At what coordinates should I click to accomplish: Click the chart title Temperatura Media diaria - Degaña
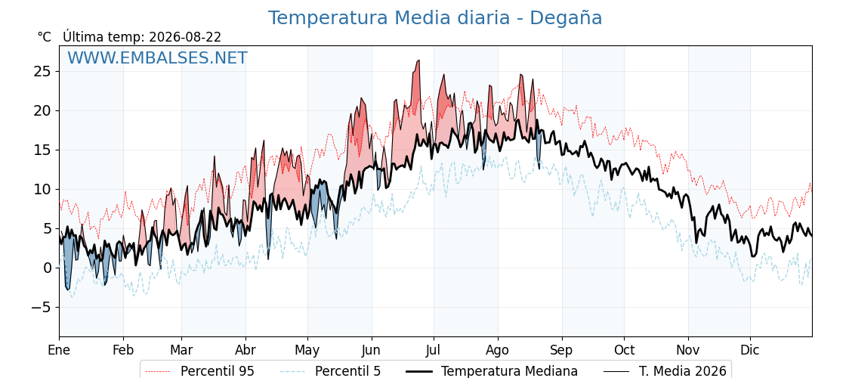pyautogui.click(x=435, y=18)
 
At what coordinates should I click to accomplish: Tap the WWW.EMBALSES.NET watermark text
pyautogui.click(x=158, y=57)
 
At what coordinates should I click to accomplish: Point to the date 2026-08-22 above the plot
pyautogui.click(x=185, y=37)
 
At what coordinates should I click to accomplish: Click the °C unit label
pyautogui.click(x=45, y=37)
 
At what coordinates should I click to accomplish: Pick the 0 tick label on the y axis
pyautogui.click(x=48, y=268)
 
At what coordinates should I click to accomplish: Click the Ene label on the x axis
pyautogui.click(x=59, y=350)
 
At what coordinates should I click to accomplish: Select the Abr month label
pyautogui.click(x=245, y=350)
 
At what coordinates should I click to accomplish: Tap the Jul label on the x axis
pyautogui.click(x=434, y=350)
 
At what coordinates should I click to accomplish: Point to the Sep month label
pyautogui.click(x=562, y=350)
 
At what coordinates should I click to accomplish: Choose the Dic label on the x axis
pyautogui.click(x=750, y=350)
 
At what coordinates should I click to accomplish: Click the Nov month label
pyautogui.click(x=688, y=350)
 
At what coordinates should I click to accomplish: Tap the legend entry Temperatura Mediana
pyautogui.click(x=491, y=371)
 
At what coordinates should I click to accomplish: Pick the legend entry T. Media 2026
pyautogui.click(x=665, y=371)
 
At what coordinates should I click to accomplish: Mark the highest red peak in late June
pyautogui.click(x=418, y=61)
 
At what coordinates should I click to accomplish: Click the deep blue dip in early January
pyautogui.click(x=68, y=288)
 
